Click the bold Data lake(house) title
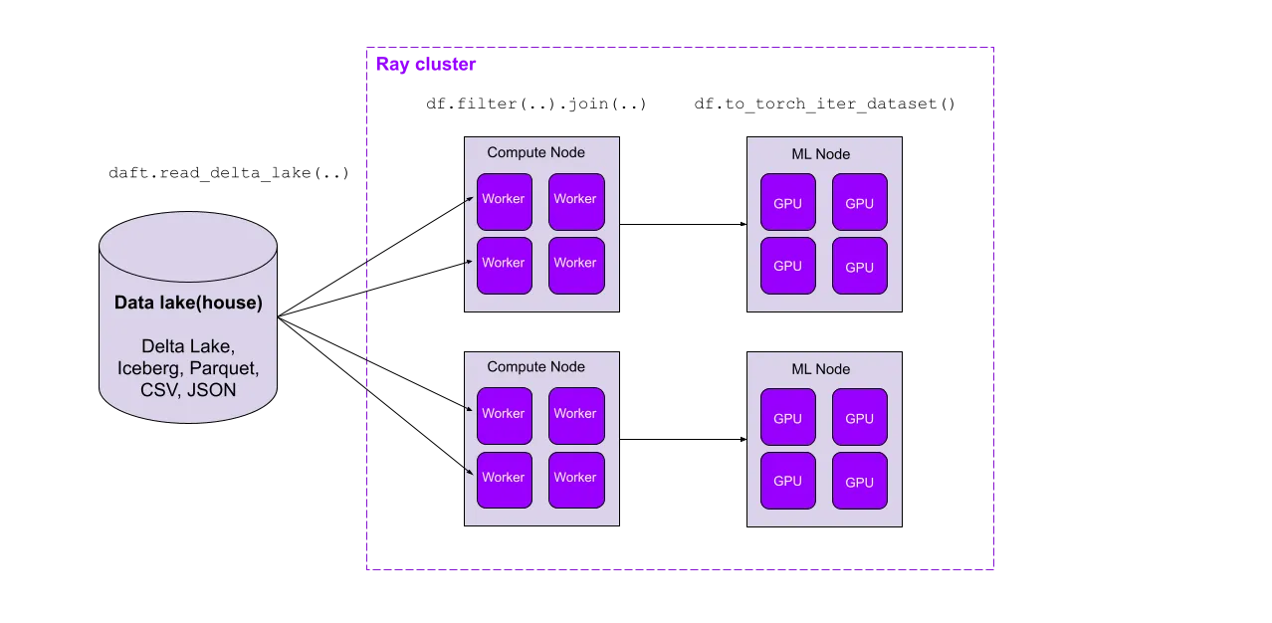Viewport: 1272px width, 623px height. click(x=188, y=304)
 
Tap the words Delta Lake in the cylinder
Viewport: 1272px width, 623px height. click(x=187, y=346)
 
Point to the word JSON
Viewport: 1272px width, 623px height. click(x=213, y=390)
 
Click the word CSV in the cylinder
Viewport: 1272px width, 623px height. click(x=159, y=390)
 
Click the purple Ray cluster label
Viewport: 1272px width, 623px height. click(x=426, y=65)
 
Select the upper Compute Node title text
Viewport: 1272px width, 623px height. click(x=535, y=152)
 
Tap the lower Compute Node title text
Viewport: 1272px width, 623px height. click(x=535, y=367)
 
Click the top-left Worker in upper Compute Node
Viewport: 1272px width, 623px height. click(x=504, y=199)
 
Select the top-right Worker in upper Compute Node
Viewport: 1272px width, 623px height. click(x=575, y=199)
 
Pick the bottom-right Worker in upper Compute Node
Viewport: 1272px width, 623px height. click(x=575, y=264)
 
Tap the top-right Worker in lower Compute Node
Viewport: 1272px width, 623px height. click(x=575, y=414)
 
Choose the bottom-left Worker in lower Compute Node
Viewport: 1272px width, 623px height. click(x=504, y=479)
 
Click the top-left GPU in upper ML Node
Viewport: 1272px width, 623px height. click(x=787, y=203)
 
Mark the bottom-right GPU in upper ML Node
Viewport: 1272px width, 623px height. click(x=859, y=267)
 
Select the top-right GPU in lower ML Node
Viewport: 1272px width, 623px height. click(x=859, y=418)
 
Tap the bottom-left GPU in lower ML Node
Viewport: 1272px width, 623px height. click(x=787, y=482)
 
